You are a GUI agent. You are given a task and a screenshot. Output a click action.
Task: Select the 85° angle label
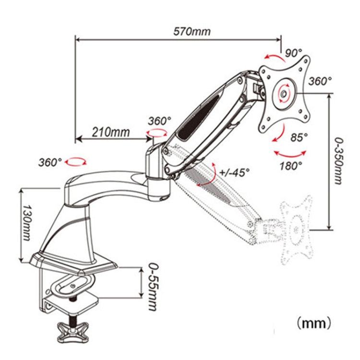[298, 138]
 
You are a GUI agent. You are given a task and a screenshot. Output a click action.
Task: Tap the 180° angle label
[291, 166]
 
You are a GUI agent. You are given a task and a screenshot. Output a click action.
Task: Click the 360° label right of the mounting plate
[320, 81]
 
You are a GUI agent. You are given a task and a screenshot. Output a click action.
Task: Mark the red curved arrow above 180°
[290, 154]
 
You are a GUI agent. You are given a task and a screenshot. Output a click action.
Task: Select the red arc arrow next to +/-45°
[207, 176]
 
